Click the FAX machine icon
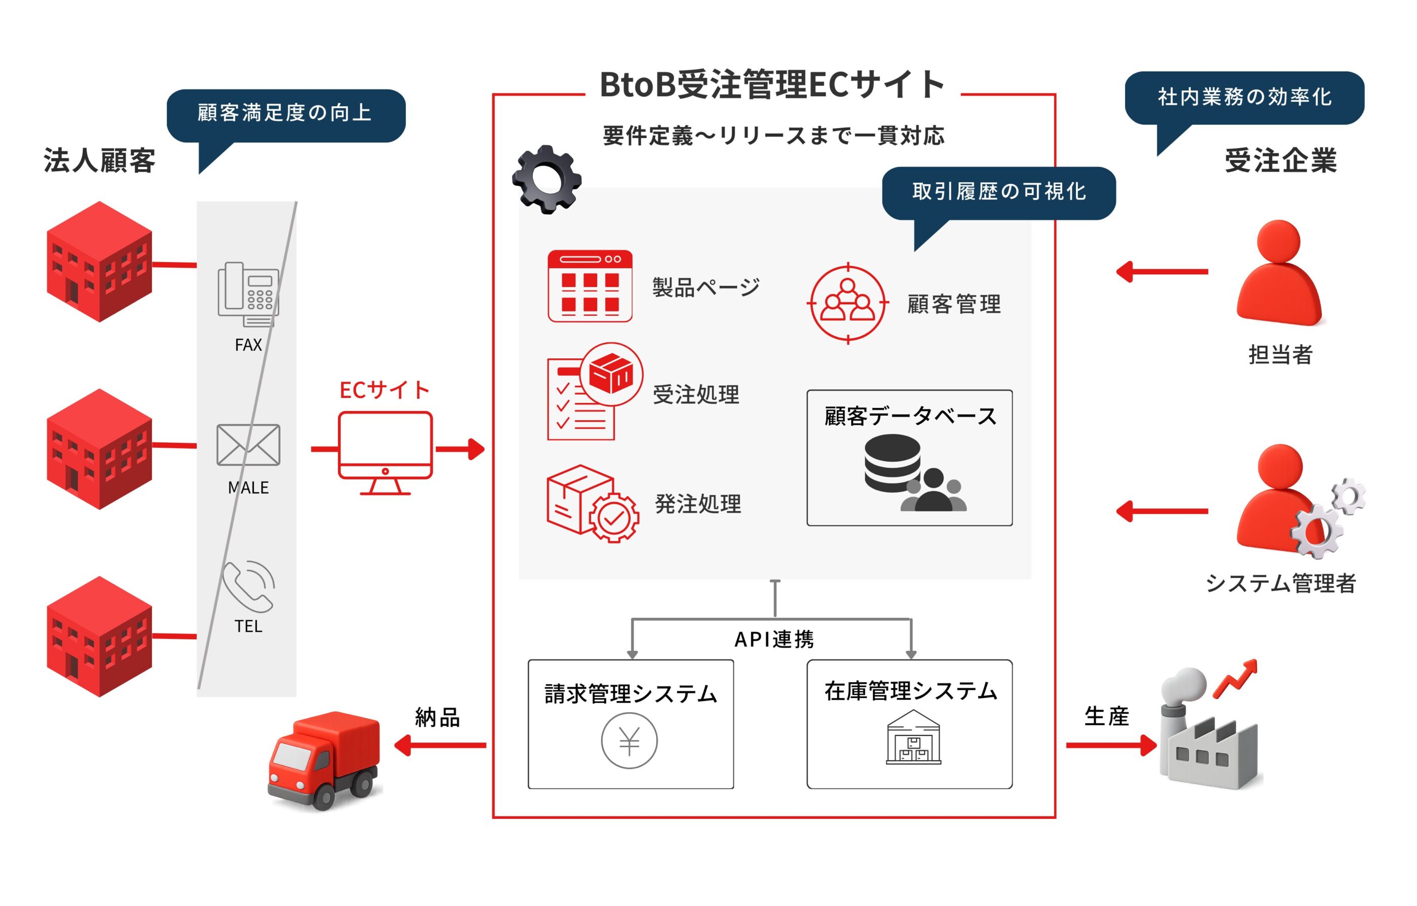(248, 295)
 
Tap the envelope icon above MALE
(248, 445)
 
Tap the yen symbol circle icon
(629, 740)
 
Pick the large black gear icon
(547, 180)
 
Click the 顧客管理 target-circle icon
(847, 303)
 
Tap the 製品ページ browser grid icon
(590, 286)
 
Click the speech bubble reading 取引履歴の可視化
(998, 192)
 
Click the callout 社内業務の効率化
(1244, 98)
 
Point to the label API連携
(774, 639)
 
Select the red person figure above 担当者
(1280, 274)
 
